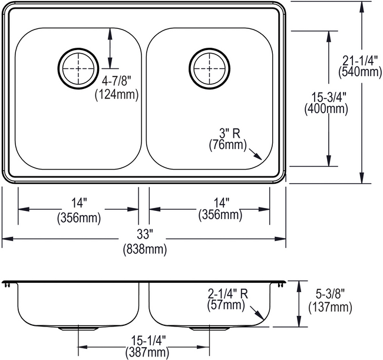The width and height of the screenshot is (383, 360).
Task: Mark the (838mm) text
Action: pyautogui.click(x=144, y=249)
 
